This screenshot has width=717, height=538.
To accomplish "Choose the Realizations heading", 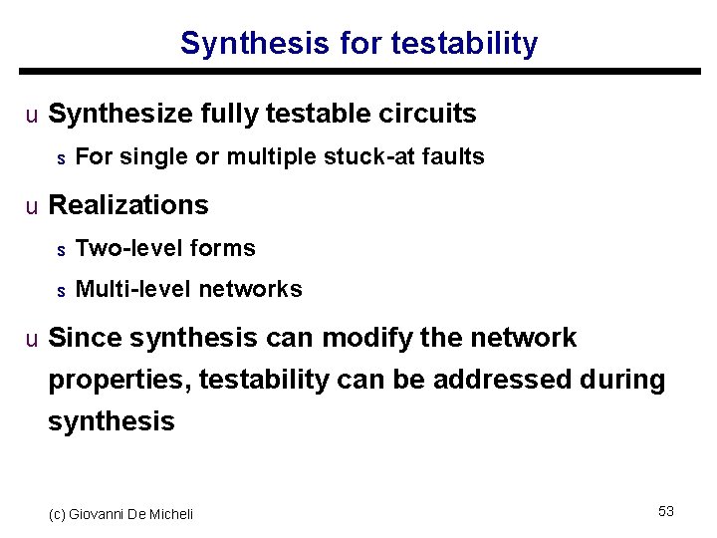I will pyautogui.click(x=128, y=205).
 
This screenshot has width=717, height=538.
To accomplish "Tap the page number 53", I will pyautogui.click(x=666, y=511).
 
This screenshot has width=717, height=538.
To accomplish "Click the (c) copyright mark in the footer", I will pyautogui.click(x=57, y=514).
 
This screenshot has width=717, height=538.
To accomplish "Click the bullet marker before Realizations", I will pyautogui.click(x=32, y=206).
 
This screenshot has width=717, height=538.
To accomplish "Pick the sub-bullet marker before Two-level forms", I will pyautogui.click(x=60, y=249).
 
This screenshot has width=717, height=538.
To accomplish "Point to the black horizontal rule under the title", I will pyautogui.click(x=359, y=72).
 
